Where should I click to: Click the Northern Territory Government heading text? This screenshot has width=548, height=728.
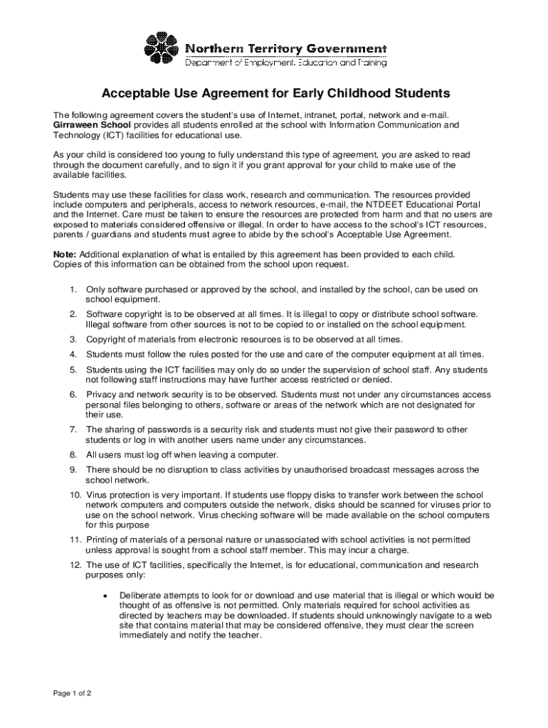(x=286, y=48)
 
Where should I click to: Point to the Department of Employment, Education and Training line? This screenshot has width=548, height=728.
(x=286, y=63)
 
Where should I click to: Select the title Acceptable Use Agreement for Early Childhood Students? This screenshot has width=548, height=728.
(x=275, y=93)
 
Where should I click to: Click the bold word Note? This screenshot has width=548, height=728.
(x=65, y=254)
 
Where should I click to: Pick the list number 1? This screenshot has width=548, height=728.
(x=73, y=289)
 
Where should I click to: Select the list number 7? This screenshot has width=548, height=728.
(x=73, y=429)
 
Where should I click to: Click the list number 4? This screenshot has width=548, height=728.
(x=73, y=354)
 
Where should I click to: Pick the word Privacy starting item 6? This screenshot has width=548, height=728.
(x=102, y=395)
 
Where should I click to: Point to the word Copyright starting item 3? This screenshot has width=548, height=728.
(x=106, y=339)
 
